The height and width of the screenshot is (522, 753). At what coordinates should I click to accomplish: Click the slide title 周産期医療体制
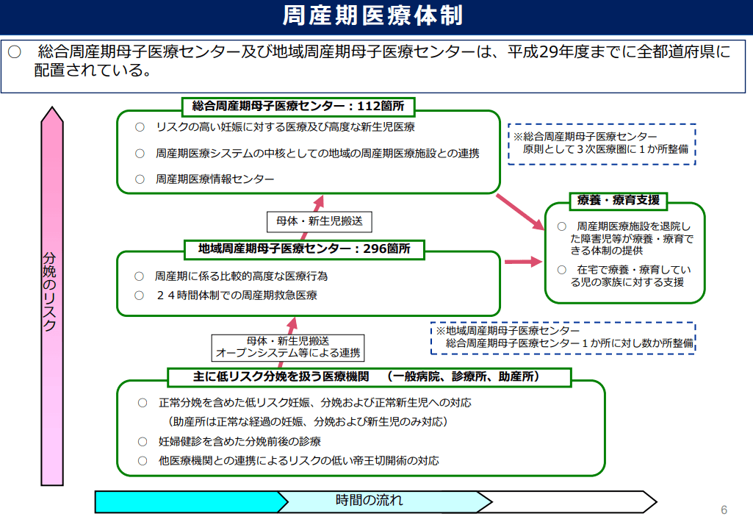click(x=372, y=15)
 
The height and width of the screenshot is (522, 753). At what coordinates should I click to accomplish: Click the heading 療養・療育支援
click(x=619, y=201)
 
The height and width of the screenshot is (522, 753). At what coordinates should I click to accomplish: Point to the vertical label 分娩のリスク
click(x=50, y=291)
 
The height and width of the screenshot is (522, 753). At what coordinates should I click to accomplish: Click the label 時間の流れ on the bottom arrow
click(x=369, y=501)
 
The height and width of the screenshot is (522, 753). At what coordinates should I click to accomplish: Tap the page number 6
click(x=724, y=510)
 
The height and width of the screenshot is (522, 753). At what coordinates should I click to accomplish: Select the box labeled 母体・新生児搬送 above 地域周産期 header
click(x=320, y=221)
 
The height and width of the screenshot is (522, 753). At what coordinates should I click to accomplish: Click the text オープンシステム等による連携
click(x=288, y=354)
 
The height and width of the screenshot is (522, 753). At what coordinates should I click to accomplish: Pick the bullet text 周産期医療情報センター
click(x=215, y=179)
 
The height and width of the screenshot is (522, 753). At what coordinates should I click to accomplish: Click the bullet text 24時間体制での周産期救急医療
click(x=237, y=295)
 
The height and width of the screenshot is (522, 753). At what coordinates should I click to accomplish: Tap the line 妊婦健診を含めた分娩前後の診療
click(x=239, y=441)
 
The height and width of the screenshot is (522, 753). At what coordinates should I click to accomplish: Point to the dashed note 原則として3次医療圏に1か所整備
click(x=605, y=149)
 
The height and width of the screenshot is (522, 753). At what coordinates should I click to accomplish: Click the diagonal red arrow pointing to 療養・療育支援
click(x=520, y=212)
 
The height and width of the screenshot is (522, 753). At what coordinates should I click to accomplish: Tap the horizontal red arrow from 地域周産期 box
click(x=524, y=262)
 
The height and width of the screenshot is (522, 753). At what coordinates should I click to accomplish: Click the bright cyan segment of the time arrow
click(x=187, y=502)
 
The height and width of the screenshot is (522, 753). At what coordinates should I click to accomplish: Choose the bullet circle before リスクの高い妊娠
click(x=140, y=127)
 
